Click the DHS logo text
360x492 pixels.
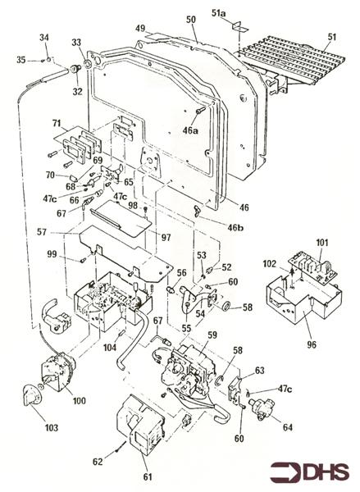click(x=327, y=472)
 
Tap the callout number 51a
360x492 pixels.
click(x=218, y=13)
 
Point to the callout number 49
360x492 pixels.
click(x=140, y=29)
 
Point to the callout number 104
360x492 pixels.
click(x=109, y=348)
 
